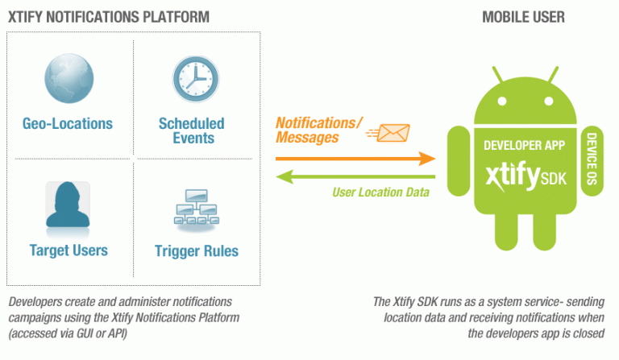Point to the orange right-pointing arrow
tap(355, 159)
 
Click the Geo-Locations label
tap(68, 124)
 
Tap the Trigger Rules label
tap(197, 251)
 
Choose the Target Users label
tap(68, 250)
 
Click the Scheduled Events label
tap(192, 130)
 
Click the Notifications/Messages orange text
tap(319, 130)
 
